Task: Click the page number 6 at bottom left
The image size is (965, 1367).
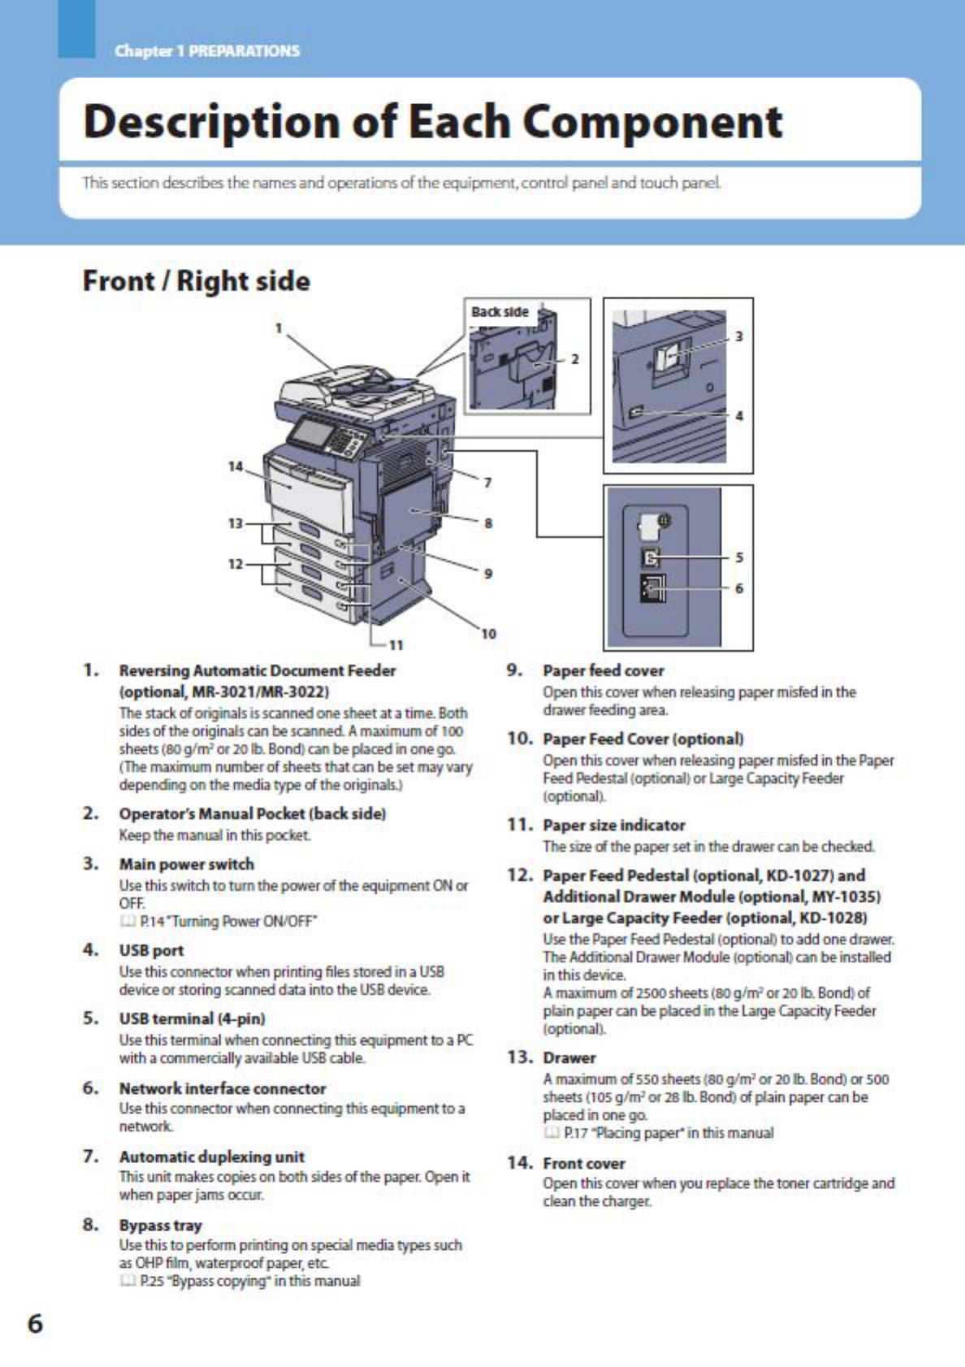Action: tap(36, 1324)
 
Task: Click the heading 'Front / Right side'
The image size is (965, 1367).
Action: tap(197, 281)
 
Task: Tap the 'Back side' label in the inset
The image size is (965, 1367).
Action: tap(500, 312)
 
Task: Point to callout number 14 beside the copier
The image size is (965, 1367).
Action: tap(236, 467)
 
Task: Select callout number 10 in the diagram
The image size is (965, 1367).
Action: tap(488, 634)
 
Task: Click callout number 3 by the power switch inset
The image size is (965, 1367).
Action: tap(738, 336)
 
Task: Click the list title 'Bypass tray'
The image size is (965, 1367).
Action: tap(160, 1225)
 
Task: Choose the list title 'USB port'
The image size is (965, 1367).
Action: tap(151, 950)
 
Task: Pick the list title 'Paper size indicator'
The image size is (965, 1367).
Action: tap(614, 825)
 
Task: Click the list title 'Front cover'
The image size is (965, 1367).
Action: tap(584, 1163)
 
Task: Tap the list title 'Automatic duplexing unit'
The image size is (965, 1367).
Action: tap(211, 1157)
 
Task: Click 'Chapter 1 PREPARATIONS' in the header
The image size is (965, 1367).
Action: tap(207, 51)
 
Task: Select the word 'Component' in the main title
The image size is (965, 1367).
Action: tap(652, 122)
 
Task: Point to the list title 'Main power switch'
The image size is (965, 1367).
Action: tap(186, 864)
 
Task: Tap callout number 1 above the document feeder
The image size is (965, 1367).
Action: tap(279, 328)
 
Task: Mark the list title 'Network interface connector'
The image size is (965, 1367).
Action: tap(222, 1088)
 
